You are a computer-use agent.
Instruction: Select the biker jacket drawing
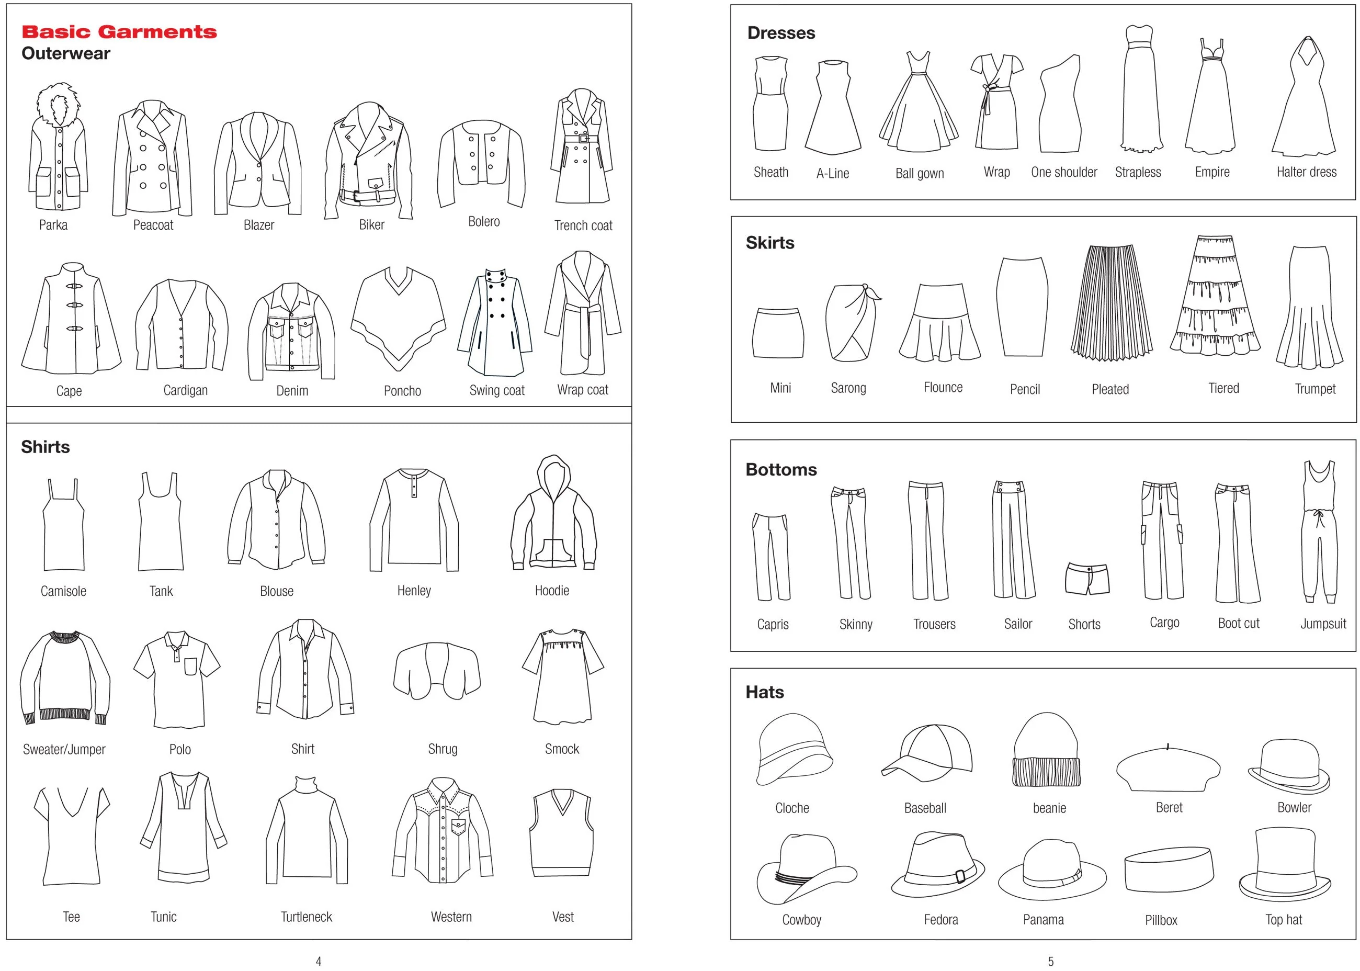pyautogui.click(x=368, y=161)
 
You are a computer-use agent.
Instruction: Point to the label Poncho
pyautogui.click(x=402, y=391)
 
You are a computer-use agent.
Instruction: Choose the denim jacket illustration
pyautogui.click(x=291, y=331)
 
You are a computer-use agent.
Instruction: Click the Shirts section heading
pyautogui.click(x=46, y=447)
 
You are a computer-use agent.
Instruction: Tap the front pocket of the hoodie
pyautogui.click(x=553, y=552)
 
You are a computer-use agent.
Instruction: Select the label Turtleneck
pyautogui.click(x=306, y=917)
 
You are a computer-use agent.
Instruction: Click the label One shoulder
pyautogui.click(x=1064, y=172)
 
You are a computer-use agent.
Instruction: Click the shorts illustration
pyautogui.click(x=1087, y=578)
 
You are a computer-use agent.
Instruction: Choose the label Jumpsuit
pyautogui.click(x=1323, y=624)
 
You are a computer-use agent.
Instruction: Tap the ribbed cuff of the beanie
pyautogui.click(x=1047, y=771)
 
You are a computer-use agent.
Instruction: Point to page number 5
pyautogui.click(x=1050, y=962)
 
